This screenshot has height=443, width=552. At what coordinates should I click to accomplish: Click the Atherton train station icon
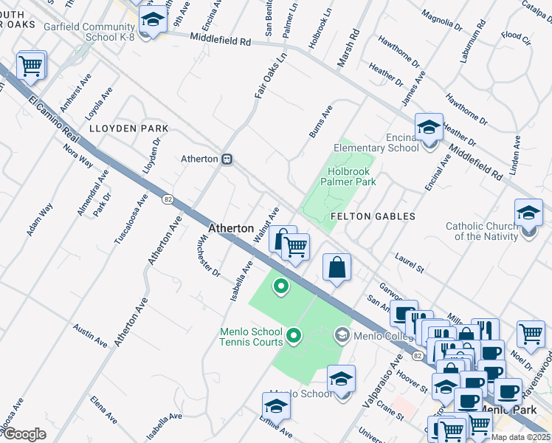(228, 159)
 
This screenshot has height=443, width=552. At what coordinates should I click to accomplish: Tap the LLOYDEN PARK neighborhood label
(128, 128)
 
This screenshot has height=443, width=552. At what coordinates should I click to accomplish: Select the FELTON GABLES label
(373, 216)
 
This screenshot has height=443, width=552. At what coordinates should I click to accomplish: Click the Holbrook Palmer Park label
(351, 176)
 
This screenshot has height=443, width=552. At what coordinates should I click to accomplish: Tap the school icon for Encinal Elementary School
(428, 127)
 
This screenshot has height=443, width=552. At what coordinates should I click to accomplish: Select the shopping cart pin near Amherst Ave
(31, 66)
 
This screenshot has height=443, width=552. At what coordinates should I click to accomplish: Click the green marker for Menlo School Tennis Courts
(294, 337)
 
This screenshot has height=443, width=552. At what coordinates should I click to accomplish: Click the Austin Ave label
(89, 336)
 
